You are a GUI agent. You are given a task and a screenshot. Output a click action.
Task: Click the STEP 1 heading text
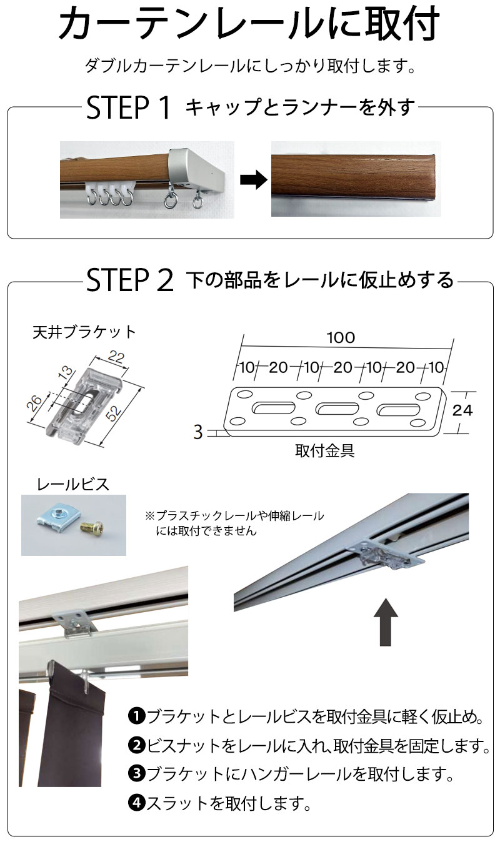pos(129,108)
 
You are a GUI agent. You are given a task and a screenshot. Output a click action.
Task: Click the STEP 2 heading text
pos(129,280)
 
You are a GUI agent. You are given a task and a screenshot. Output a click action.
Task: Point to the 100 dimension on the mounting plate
pos(341,338)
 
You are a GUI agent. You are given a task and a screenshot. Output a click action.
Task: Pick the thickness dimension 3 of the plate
pos(198,432)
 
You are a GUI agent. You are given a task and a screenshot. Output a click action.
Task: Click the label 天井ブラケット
pos(84,332)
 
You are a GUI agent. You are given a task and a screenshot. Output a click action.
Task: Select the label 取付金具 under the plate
pos(324,451)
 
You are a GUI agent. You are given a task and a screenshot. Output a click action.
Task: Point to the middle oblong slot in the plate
pos(337,409)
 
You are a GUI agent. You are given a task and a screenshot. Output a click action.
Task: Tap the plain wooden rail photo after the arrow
pos(356,179)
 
